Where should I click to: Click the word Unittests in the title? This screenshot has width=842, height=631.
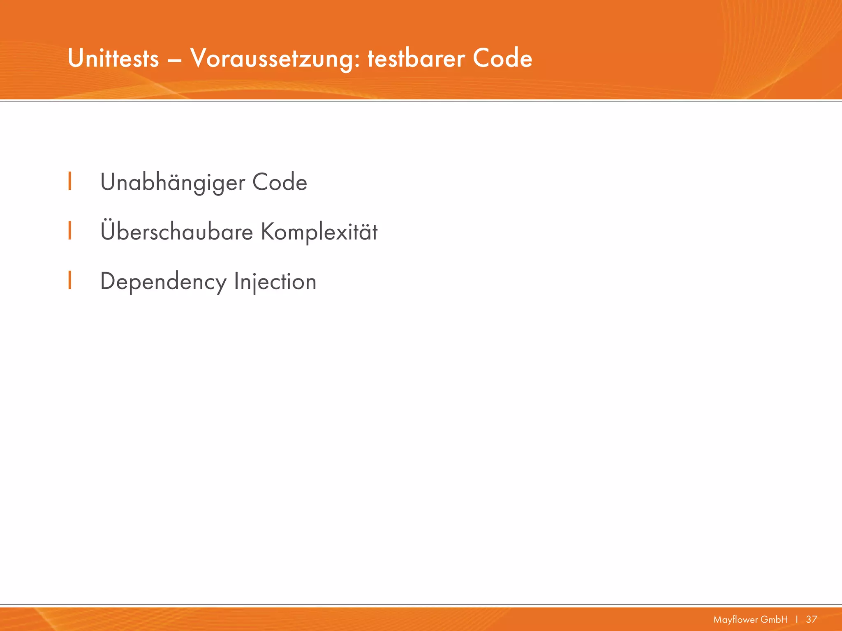[x=113, y=59]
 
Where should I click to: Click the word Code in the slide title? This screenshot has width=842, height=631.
[x=502, y=59]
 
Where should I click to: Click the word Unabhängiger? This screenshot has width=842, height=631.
[x=173, y=183]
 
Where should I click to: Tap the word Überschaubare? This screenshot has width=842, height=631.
[x=177, y=232]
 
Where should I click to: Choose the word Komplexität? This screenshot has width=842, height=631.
[x=319, y=233]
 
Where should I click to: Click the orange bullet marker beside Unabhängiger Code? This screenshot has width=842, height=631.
[x=70, y=181]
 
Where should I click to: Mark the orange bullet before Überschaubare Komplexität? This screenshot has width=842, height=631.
[x=70, y=230]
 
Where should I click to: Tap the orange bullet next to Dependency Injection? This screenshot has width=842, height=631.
[x=70, y=280]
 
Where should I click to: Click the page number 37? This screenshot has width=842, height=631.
[x=812, y=619]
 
